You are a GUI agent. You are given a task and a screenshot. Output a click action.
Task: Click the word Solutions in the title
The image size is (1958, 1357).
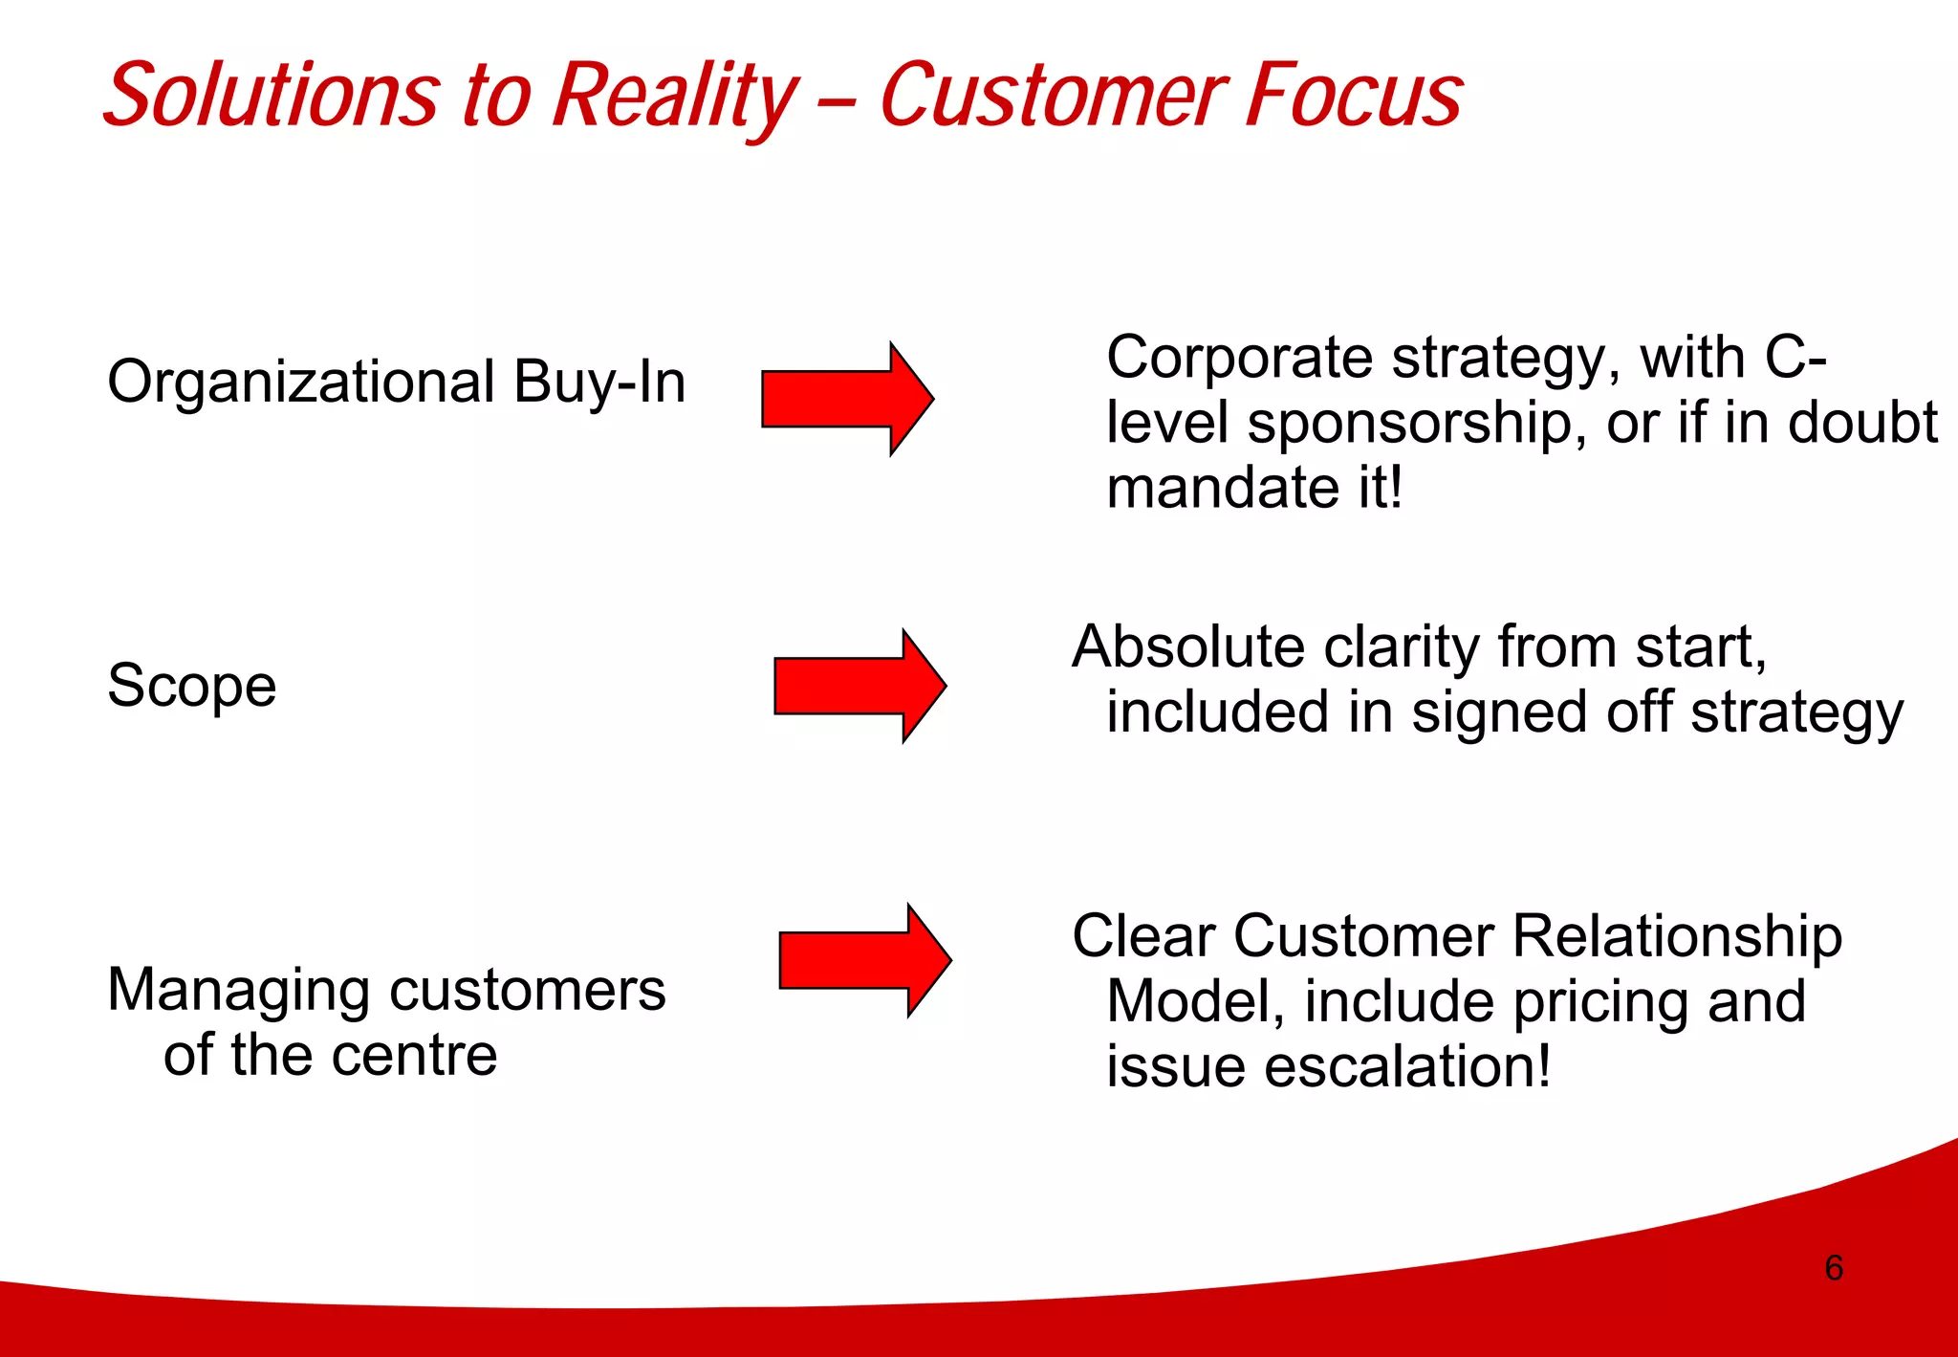272,96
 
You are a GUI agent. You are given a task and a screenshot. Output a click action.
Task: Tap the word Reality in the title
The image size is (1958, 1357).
675,96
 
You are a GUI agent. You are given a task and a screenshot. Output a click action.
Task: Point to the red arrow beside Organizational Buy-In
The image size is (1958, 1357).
846,399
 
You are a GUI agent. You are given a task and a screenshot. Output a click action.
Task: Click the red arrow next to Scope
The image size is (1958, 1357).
859,686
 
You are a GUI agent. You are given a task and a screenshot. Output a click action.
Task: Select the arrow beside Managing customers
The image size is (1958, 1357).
863,960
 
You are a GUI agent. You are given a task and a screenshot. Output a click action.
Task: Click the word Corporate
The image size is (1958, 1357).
1240,359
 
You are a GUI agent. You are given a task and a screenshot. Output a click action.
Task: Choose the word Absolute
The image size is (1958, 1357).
1187,647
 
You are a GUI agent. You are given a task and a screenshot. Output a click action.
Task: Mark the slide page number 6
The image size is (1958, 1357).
1834,1268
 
